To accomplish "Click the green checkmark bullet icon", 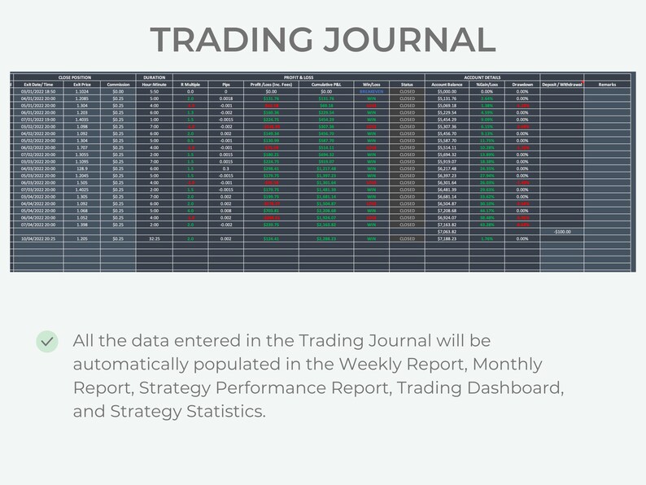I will tap(47, 342).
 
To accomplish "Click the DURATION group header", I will tap(154, 77).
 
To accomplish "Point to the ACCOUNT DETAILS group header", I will tap(482, 77).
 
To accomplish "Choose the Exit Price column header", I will tap(82, 85).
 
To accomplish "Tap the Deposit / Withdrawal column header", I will tap(561, 85).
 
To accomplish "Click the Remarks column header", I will tap(607, 85).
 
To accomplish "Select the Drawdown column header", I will tap(522, 85).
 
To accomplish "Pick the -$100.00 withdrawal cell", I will tap(561, 232).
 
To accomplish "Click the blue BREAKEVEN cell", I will tap(372, 92).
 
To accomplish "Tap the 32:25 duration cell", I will tap(154, 239).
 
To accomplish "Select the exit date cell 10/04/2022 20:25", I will tap(37, 239).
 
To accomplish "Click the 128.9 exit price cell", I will tap(82, 168).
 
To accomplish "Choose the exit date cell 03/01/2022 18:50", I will tap(37, 92).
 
